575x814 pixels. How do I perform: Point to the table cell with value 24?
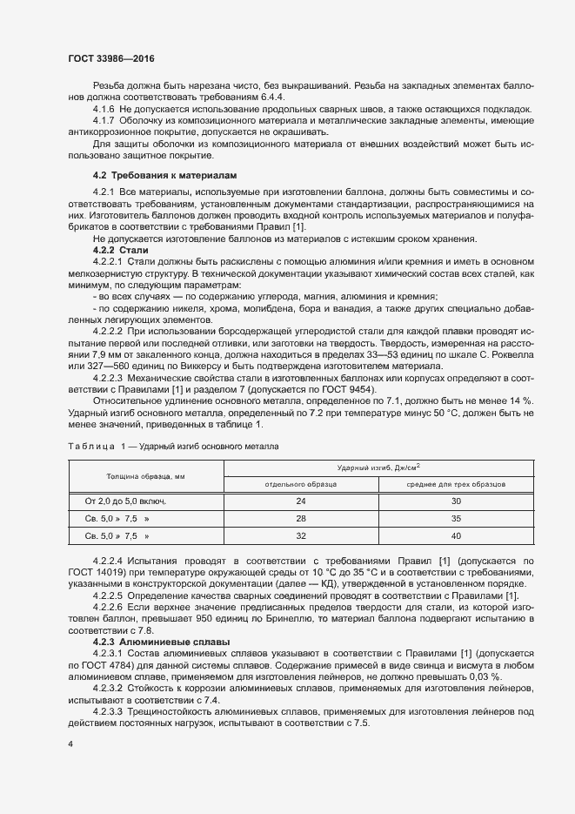[301, 501]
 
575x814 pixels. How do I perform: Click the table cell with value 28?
[301, 518]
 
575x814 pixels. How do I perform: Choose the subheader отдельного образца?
[301, 483]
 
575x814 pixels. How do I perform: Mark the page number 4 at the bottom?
[70, 744]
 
